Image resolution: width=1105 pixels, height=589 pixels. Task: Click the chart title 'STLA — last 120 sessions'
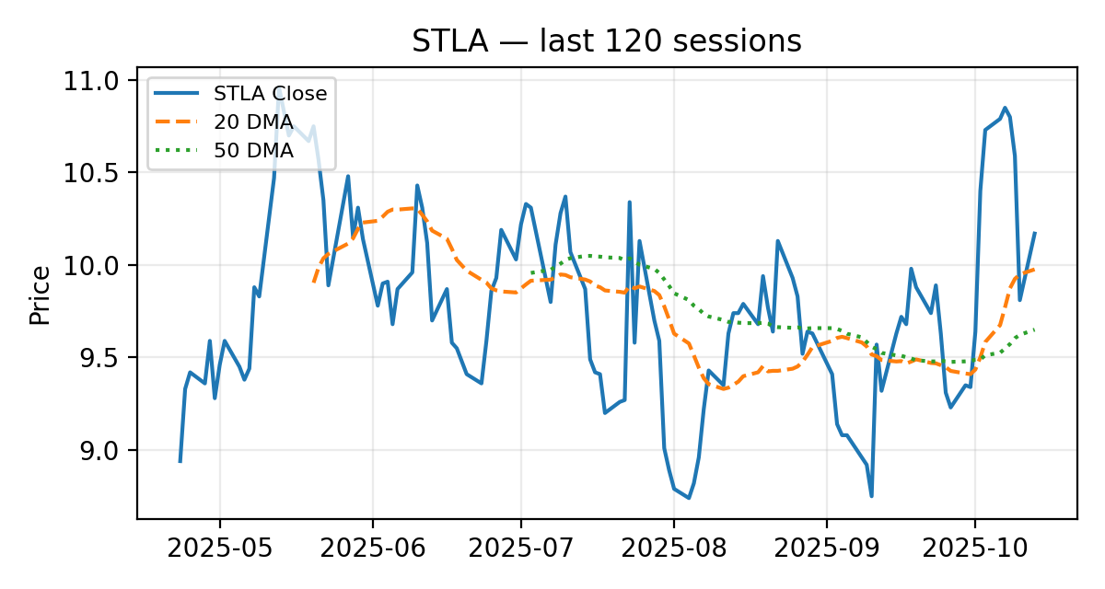click(607, 41)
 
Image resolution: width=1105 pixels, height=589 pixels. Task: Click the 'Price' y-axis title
click(40, 294)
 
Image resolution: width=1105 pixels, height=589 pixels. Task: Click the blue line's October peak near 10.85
click(1005, 108)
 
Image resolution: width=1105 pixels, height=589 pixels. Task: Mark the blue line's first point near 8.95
click(180, 461)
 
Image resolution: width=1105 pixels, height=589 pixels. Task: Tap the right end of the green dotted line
click(1034, 329)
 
